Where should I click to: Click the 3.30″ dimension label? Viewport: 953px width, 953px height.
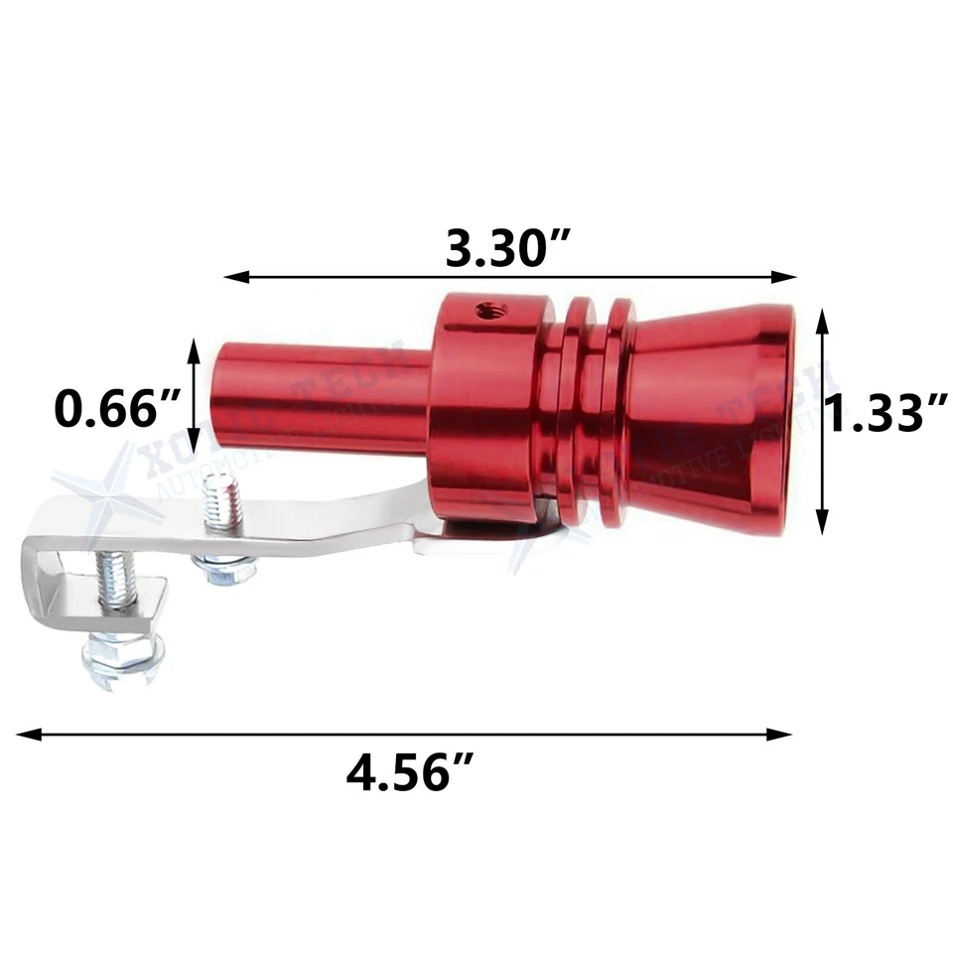(507, 249)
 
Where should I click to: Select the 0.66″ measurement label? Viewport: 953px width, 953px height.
(117, 408)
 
